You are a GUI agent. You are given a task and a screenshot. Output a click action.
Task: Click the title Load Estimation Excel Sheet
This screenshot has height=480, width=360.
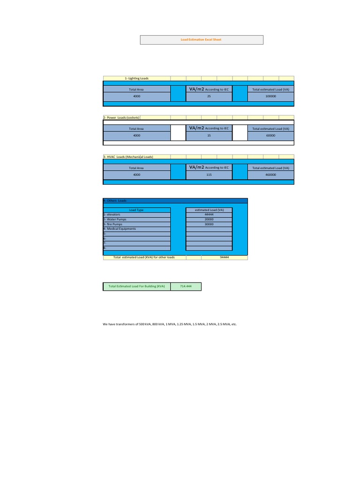click(x=201, y=40)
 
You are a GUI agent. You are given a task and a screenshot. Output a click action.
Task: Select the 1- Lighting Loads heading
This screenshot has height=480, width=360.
click(x=136, y=78)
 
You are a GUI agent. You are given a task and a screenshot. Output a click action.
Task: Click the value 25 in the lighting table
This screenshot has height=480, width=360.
click(x=209, y=96)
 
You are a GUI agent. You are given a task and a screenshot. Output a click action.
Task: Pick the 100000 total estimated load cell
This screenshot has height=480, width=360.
click(x=270, y=96)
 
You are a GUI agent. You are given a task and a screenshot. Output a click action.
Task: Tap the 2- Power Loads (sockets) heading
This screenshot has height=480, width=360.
click(x=121, y=118)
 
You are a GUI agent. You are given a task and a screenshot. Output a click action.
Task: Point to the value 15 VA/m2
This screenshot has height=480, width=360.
click(x=209, y=135)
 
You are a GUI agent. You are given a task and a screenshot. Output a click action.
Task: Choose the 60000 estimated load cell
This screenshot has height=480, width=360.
click(x=270, y=135)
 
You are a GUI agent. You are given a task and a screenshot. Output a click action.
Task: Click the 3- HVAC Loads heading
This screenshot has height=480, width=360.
click(x=128, y=157)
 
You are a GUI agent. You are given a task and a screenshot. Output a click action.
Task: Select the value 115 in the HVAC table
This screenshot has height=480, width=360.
click(x=209, y=175)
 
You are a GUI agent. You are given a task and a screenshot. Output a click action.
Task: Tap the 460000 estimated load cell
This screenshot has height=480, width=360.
click(x=270, y=175)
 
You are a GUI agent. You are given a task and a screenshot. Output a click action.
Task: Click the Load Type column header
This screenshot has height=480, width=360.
click(x=136, y=210)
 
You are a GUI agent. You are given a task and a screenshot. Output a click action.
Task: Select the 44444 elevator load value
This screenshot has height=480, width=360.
click(x=209, y=215)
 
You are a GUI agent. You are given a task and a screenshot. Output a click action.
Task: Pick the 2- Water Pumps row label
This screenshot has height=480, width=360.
click(x=115, y=219)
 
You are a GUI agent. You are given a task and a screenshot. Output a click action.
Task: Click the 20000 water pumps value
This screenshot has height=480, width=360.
click(x=209, y=219)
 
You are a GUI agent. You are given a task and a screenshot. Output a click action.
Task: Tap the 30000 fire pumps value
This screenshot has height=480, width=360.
click(x=209, y=224)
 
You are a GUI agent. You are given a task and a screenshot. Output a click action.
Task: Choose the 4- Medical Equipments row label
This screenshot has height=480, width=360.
click(x=120, y=229)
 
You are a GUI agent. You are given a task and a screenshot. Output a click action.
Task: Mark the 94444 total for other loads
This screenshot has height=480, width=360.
click(x=224, y=257)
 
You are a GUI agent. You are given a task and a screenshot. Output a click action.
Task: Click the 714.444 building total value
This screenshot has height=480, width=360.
click(x=186, y=286)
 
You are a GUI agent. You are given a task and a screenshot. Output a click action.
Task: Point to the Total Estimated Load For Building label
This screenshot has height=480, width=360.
click(x=136, y=286)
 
